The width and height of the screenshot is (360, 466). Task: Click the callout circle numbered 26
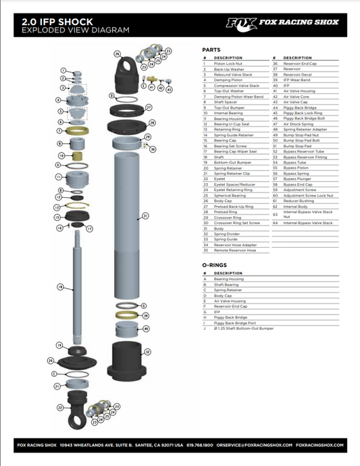pyautogui.click(x=117, y=53)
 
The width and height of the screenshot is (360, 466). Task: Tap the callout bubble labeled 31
pyautogui.click(x=144, y=216)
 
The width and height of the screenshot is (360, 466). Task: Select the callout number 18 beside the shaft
pyautogui.click(x=60, y=287)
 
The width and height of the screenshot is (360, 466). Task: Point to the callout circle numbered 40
pyautogui.click(x=145, y=328)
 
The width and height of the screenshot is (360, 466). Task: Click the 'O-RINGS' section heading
pyautogui.click(x=213, y=266)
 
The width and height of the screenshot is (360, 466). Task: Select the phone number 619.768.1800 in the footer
pyautogui.click(x=199, y=445)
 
